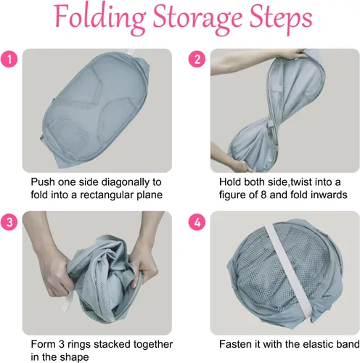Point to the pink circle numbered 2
pos(196,60)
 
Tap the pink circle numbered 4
pos(196,223)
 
